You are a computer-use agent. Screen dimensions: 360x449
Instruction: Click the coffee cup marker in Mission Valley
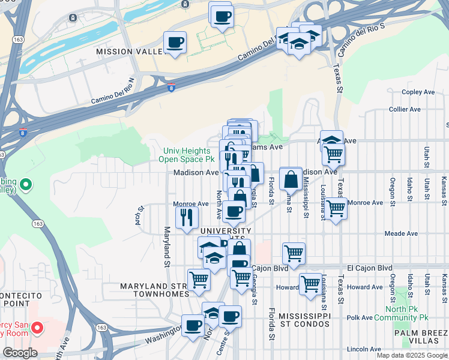(x=175, y=43)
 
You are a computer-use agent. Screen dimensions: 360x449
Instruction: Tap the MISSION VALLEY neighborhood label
(x=130, y=52)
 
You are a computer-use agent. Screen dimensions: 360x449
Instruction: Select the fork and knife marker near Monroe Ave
(x=187, y=217)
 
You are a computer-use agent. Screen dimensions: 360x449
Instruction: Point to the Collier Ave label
(x=405, y=109)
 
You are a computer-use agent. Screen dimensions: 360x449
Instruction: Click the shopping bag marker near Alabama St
(x=291, y=179)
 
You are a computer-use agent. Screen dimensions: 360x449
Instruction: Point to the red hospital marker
(x=37, y=328)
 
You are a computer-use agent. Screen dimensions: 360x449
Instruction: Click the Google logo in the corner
(x=19, y=353)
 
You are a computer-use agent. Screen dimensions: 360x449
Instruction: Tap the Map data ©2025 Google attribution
(x=412, y=355)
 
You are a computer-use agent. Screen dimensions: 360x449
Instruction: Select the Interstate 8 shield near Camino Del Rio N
(x=172, y=88)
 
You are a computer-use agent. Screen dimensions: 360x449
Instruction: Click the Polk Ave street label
(x=360, y=317)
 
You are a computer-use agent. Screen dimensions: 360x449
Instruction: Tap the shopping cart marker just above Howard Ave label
(x=310, y=283)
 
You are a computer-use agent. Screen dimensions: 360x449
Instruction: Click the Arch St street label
(x=140, y=213)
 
